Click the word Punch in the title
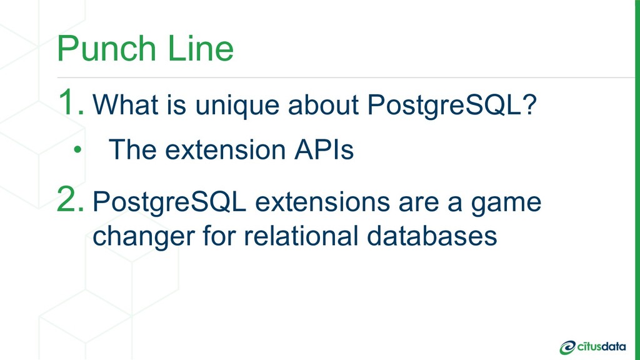(106, 48)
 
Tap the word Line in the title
(201, 48)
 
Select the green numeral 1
(71, 102)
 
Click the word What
(126, 104)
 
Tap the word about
(323, 104)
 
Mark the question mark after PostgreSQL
(529, 104)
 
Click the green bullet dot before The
(77, 150)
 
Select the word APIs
(324, 149)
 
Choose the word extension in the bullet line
(225, 149)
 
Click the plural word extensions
(322, 202)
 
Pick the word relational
(301, 236)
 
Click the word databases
(432, 236)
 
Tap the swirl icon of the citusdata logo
(567, 347)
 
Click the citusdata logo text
(601, 346)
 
